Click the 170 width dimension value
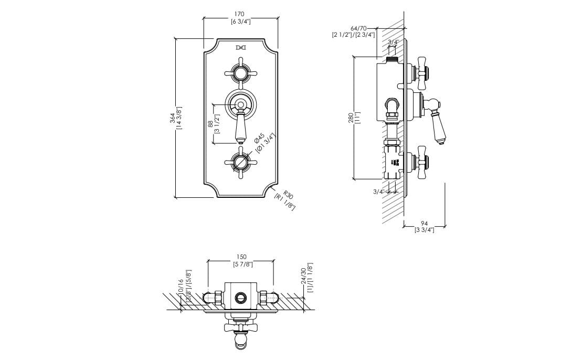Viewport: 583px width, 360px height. (x=240, y=14)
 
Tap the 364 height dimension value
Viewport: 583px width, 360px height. (x=173, y=119)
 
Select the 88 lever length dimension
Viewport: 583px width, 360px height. (x=210, y=123)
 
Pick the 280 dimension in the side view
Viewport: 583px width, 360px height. (x=351, y=120)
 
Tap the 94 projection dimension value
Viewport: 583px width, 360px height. (x=424, y=224)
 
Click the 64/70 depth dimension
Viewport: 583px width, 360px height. (x=359, y=28)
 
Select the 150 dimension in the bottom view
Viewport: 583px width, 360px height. (x=241, y=257)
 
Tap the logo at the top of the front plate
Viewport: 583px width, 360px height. (x=241, y=48)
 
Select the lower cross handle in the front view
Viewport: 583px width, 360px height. (x=241, y=162)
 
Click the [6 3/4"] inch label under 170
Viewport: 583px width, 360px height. (x=240, y=22)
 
